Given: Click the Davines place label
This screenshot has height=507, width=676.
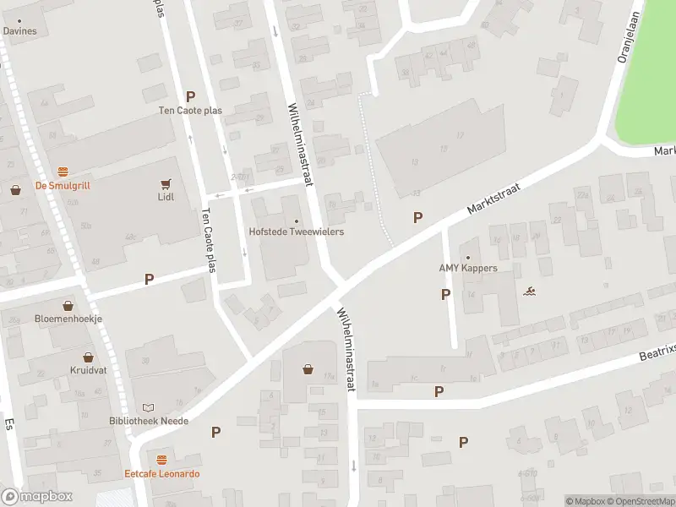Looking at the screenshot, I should [20, 31].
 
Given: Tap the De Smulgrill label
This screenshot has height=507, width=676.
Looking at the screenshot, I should [62, 186].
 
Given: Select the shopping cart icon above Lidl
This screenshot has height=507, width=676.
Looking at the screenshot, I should [166, 183].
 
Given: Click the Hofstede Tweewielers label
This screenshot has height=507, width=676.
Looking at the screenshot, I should [296, 232].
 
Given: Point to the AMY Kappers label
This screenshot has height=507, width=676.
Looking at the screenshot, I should [467, 269].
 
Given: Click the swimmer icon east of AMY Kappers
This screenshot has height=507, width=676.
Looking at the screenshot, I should [529, 292].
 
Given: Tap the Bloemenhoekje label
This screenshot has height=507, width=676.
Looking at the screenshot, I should [68, 319].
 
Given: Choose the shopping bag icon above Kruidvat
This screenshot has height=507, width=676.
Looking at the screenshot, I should [88, 357].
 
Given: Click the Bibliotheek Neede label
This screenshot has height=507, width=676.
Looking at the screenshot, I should [149, 421].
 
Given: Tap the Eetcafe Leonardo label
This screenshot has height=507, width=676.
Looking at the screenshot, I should [161, 474].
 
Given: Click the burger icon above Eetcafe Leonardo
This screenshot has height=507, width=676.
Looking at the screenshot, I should [161, 461].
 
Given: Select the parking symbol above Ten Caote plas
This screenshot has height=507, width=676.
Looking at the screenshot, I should [190, 97].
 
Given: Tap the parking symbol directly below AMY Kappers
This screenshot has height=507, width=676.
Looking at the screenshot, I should [445, 294].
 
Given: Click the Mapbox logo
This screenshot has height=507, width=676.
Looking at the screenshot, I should [36, 497].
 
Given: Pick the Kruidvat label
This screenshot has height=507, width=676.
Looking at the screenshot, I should [88, 371].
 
